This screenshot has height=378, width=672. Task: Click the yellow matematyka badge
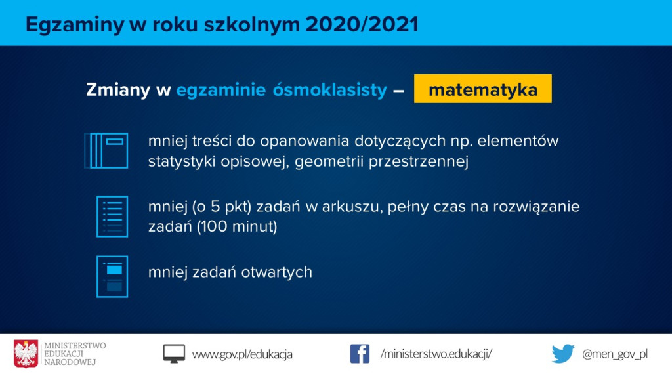(x=482, y=89)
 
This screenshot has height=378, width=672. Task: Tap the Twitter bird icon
(x=563, y=354)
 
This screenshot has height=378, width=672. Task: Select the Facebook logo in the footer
(x=360, y=354)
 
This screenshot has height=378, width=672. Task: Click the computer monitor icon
(x=174, y=354)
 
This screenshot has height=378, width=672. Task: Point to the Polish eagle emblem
(x=26, y=354)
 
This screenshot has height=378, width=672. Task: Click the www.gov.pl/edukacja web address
(x=242, y=354)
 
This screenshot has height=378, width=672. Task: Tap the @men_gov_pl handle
(x=614, y=354)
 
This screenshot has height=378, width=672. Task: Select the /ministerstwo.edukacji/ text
(x=436, y=354)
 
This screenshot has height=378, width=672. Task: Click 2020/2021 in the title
(x=362, y=24)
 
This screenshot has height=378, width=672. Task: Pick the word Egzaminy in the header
(x=75, y=25)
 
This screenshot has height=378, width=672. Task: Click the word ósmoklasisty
(x=330, y=90)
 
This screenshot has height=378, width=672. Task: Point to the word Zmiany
(x=118, y=90)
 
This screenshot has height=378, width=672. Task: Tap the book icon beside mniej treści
(x=106, y=150)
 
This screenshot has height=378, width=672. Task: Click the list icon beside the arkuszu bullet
(x=112, y=217)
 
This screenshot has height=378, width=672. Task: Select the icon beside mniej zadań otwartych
(x=112, y=276)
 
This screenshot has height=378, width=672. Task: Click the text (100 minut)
(x=237, y=226)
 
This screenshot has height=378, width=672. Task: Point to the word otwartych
(x=277, y=272)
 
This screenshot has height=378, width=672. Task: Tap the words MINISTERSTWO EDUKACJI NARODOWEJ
(x=75, y=354)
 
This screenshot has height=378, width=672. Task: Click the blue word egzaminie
(x=221, y=90)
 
